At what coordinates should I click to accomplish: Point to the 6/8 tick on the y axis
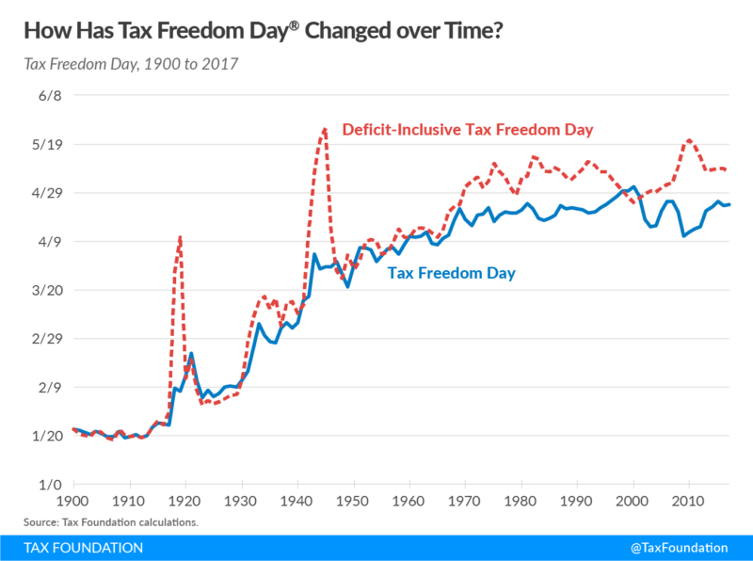click(48, 96)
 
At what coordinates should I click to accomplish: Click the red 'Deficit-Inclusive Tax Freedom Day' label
click(467, 129)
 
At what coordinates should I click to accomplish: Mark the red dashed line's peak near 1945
click(325, 128)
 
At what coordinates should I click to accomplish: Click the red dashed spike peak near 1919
click(180, 237)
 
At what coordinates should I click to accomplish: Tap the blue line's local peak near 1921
click(191, 353)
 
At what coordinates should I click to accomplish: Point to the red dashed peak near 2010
click(690, 139)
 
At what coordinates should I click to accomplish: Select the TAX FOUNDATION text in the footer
click(85, 547)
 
